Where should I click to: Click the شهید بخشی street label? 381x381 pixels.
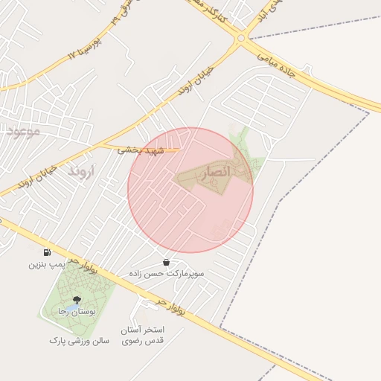click(x=138, y=149)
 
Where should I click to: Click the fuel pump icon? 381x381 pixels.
click(x=48, y=252)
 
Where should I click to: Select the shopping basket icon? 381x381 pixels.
click(x=165, y=262)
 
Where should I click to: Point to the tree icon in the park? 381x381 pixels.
click(x=77, y=299)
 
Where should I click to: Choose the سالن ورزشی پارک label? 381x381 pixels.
click(x=79, y=340)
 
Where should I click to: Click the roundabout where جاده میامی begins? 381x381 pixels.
click(x=240, y=38)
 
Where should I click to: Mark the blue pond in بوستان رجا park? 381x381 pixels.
click(x=72, y=306)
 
